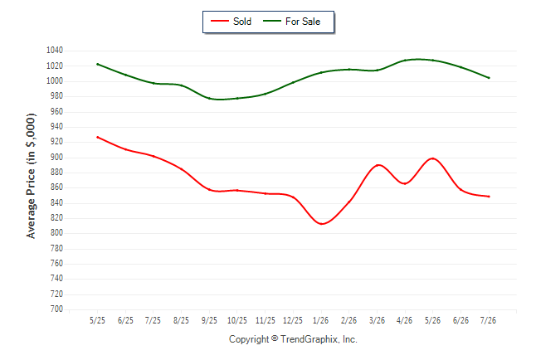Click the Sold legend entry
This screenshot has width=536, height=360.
point(231,22)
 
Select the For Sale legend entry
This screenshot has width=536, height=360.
point(291,22)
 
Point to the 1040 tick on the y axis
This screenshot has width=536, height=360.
point(55,51)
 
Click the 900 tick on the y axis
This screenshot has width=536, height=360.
point(56,158)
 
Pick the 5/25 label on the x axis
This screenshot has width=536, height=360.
point(97,320)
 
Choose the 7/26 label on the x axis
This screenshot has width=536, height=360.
point(488,320)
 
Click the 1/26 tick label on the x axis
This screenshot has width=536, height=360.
point(320,320)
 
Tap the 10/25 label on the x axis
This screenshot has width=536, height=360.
point(237,320)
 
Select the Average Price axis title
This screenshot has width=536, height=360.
point(31,176)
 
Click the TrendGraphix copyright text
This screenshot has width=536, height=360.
point(293,339)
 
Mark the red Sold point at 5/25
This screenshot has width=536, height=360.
point(98,137)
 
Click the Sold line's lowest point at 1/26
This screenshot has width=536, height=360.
point(321,224)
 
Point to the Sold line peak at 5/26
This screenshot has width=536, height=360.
point(433,158)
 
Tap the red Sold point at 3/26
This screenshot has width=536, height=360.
point(378,165)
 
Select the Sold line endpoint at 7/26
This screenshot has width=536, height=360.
point(489,197)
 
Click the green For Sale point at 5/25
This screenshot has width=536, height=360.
point(98,64)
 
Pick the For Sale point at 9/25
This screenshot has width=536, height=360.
point(209,99)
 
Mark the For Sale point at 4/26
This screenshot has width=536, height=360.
point(405,61)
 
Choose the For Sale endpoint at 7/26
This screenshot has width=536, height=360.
point(489,78)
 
